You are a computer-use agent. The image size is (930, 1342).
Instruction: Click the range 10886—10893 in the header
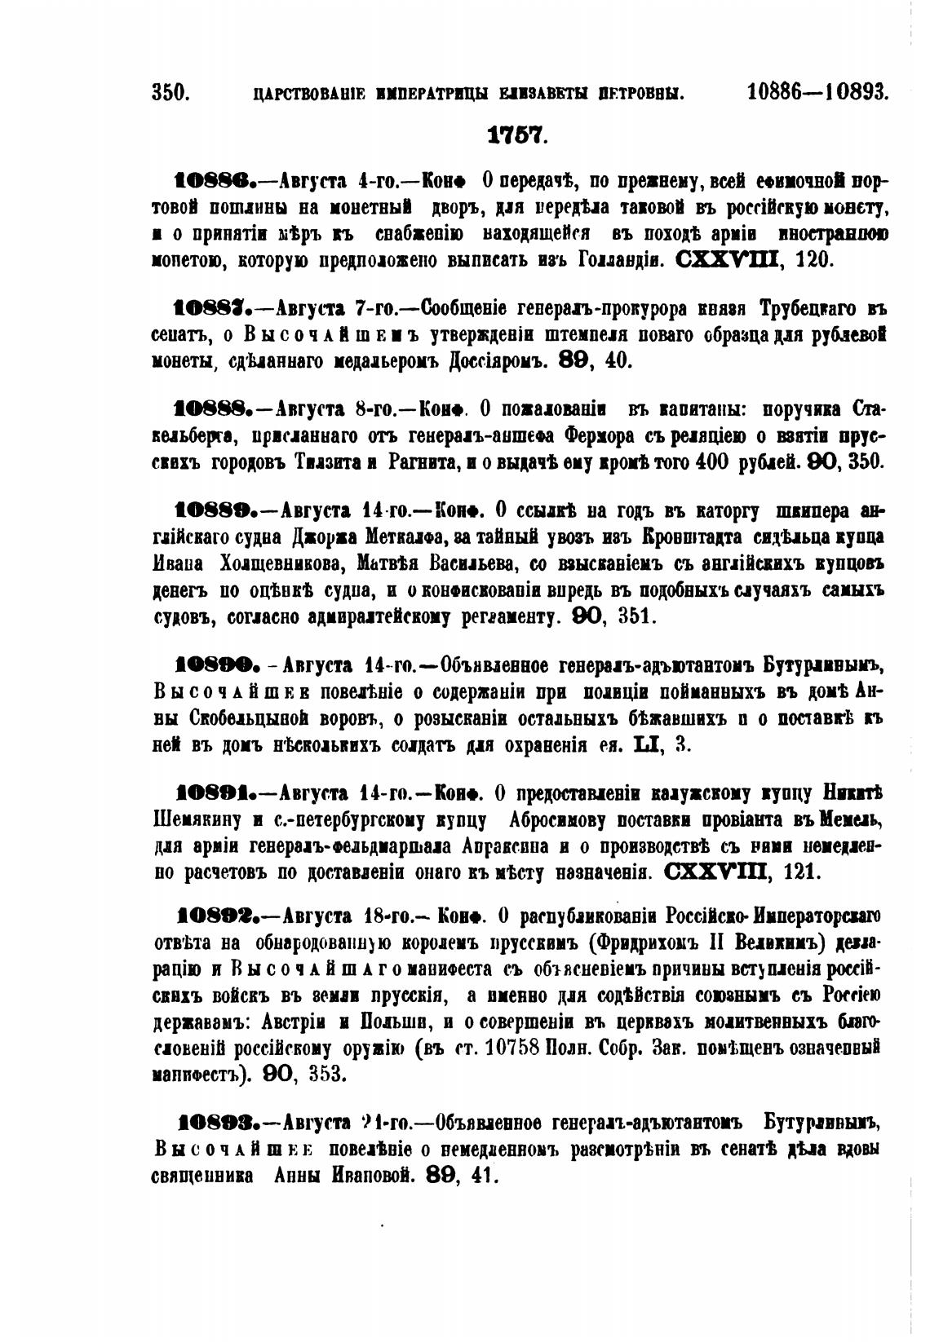click(817, 92)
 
